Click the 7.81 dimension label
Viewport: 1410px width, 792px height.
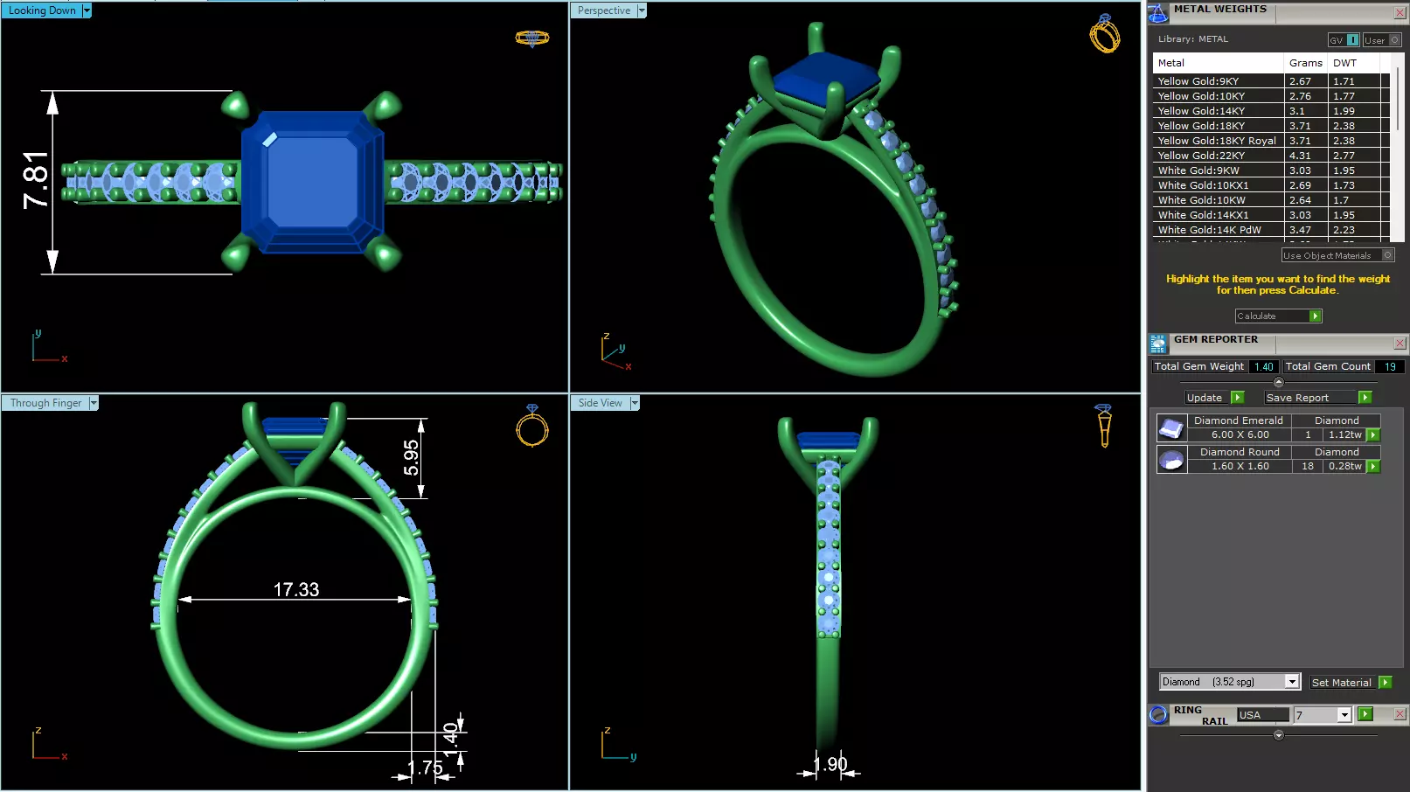coord(36,180)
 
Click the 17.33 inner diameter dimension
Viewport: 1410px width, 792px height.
coord(296,590)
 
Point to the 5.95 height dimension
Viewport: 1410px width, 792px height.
coord(411,457)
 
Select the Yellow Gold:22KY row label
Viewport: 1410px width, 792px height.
coord(1201,156)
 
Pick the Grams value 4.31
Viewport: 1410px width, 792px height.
coord(1300,156)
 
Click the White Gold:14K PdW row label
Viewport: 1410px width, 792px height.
coord(1209,230)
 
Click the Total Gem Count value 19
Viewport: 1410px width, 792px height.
coord(1389,367)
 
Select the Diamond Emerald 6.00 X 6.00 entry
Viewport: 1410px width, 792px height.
coord(1240,427)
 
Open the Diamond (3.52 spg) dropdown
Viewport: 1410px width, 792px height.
coord(1292,682)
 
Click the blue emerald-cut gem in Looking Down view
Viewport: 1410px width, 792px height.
coord(312,181)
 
